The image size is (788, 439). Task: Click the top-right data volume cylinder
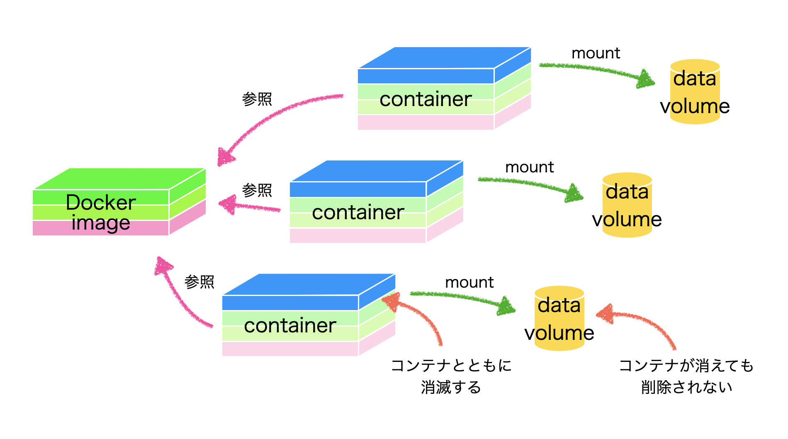695,92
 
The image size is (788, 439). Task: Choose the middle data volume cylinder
627,205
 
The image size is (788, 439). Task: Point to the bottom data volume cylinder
559,318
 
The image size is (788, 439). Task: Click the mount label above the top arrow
596,53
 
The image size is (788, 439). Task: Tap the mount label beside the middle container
529,167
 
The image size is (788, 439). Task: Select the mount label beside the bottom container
469,282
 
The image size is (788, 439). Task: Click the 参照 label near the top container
257,99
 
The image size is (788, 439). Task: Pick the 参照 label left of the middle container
257,190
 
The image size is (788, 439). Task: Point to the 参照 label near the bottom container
199,282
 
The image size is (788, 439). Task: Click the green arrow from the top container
597,70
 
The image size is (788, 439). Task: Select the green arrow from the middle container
531,184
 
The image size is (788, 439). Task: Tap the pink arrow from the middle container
249,206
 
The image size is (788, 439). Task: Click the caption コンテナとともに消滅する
451,376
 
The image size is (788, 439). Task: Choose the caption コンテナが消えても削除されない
686,376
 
